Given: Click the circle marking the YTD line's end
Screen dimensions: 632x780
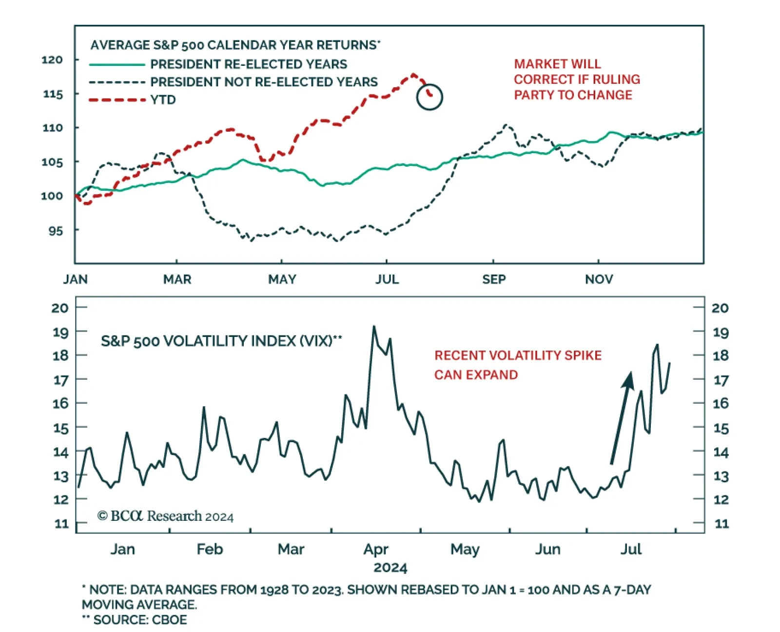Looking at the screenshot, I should click(x=429, y=97).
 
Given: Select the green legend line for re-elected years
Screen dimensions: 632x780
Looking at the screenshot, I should click(x=117, y=64).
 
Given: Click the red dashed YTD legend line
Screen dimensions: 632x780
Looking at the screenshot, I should click(x=117, y=100).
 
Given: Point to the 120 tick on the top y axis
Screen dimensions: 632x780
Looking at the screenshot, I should click(x=52, y=60).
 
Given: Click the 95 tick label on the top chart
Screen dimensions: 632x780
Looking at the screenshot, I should click(x=56, y=231).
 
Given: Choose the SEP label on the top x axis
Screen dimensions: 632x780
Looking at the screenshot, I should click(x=494, y=279).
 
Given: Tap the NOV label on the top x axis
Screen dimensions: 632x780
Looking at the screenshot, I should click(x=599, y=279).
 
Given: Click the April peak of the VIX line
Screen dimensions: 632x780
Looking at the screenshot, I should click(x=374, y=326).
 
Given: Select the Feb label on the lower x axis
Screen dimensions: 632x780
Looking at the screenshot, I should click(x=210, y=550).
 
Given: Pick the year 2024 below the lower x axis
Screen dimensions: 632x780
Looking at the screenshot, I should click(x=390, y=568).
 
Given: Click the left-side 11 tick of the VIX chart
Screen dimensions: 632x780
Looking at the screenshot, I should click(x=61, y=524).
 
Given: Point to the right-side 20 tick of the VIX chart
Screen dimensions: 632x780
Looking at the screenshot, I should click(x=720, y=308).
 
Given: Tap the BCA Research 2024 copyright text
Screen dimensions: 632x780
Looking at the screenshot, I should click(x=165, y=516).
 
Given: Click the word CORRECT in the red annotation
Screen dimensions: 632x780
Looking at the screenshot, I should click(x=538, y=79).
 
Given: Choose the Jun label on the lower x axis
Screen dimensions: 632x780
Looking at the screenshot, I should click(x=547, y=550).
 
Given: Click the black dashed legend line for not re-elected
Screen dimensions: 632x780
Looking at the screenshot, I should click(x=117, y=82).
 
